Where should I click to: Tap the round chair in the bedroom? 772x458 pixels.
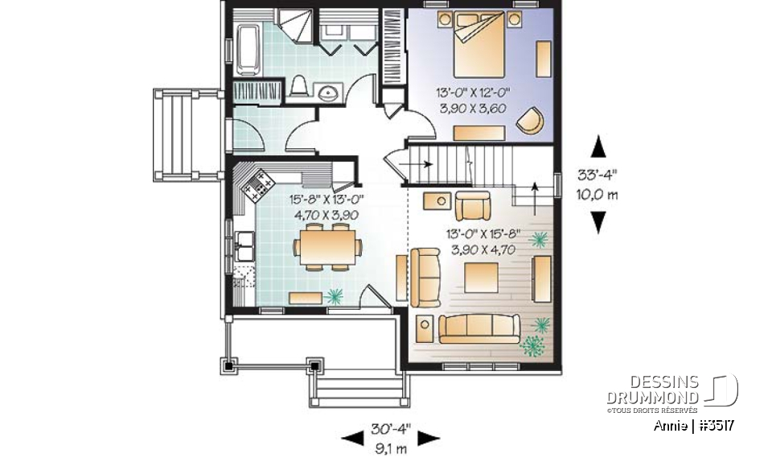click(x=529, y=119)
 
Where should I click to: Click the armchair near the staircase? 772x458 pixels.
click(x=472, y=207)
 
